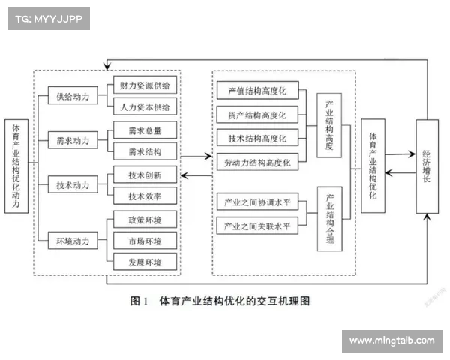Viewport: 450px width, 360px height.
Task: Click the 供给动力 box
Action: [72, 96]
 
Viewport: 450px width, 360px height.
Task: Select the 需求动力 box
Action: [72, 140]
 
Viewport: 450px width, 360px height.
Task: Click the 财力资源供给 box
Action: [144, 85]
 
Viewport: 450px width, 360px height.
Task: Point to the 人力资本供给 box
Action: [144, 107]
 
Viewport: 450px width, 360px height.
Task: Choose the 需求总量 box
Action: [144, 130]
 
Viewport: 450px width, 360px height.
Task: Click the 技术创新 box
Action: [144, 174]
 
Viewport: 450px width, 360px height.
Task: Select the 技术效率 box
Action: [144, 196]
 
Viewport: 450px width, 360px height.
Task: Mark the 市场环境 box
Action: [144, 240]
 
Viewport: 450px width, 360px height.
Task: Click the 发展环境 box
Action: [144, 261]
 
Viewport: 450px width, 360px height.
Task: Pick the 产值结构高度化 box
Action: [258, 91]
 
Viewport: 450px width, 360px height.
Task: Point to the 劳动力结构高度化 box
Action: [258, 161]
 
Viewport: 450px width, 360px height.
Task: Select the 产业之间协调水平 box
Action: [258, 202]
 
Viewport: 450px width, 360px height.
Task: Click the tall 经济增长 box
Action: [427, 165]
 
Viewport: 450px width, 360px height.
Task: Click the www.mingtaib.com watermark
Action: [391, 340]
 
